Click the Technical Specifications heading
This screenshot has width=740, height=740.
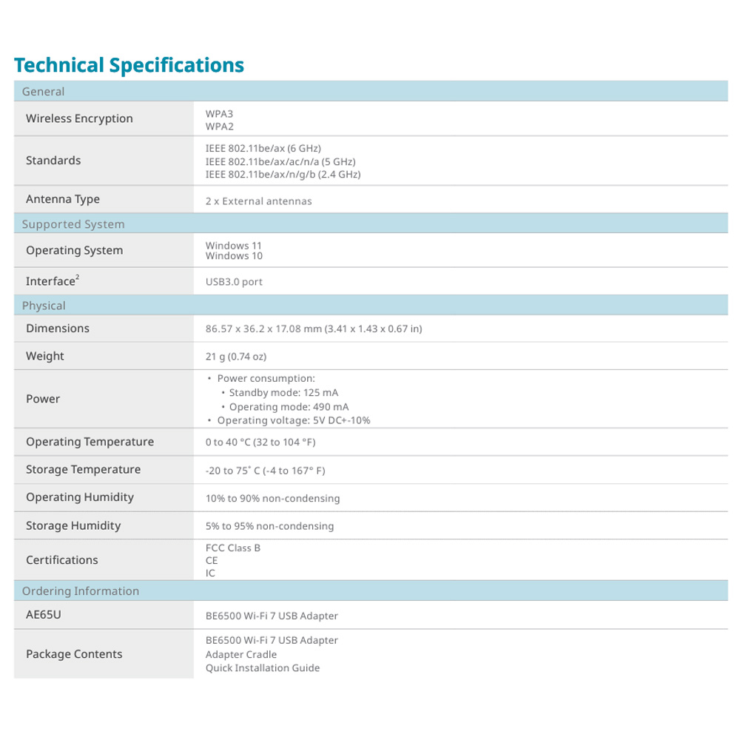[129, 65]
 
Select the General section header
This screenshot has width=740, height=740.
[43, 92]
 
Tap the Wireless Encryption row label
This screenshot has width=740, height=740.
[79, 118]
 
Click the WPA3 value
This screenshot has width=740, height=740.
[219, 114]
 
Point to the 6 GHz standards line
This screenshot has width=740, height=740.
[263, 148]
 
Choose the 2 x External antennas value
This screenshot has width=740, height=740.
[258, 201]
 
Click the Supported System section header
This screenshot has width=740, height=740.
[73, 224]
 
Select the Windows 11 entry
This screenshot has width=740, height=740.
[233, 246]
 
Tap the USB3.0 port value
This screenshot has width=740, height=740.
[234, 282]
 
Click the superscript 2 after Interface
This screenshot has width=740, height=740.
[78, 277]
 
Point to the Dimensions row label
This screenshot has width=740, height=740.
[57, 329]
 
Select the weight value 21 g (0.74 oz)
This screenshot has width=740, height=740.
[235, 357]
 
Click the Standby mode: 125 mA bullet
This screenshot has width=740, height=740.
[283, 393]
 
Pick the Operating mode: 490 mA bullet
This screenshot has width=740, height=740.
[288, 407]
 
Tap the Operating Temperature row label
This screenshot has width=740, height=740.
[90, 442]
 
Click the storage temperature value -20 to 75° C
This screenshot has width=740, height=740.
[265, 471]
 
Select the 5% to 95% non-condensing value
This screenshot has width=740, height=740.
[269, 526]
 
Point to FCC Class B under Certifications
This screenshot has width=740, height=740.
[232, 548]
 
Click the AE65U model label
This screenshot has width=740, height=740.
[43, 615]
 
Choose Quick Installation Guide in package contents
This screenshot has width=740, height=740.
[262, 668]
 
